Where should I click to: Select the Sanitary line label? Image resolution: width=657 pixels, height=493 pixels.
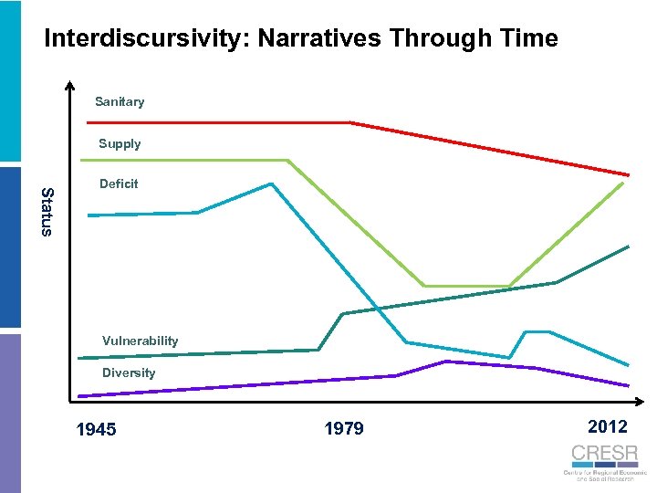(120, 101)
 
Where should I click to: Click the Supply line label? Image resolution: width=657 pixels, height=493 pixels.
(120, 143)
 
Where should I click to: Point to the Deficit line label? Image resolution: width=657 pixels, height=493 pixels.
(119, 184)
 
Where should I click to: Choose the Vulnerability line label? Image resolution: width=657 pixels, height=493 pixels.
(140, 341)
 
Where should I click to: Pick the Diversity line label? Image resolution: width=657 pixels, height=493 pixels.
(129, 372)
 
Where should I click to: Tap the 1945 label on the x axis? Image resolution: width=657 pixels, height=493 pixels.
(96, 429)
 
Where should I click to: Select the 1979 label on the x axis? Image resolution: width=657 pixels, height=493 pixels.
(343, 428)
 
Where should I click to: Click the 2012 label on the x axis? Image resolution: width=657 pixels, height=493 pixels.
(607, 426)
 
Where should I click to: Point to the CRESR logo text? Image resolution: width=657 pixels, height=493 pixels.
(604, 454)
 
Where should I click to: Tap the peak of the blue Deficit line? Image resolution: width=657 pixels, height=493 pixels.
(271, 184)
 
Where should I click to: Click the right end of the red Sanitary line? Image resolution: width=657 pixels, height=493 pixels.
(628, 174)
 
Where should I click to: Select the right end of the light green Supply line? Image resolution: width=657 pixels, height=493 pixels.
(623, 184)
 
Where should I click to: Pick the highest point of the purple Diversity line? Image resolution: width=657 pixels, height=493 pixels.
(446, 362)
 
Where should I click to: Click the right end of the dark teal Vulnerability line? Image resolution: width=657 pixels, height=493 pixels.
(628, 246)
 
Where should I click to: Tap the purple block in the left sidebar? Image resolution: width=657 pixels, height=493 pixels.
(10, 411)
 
